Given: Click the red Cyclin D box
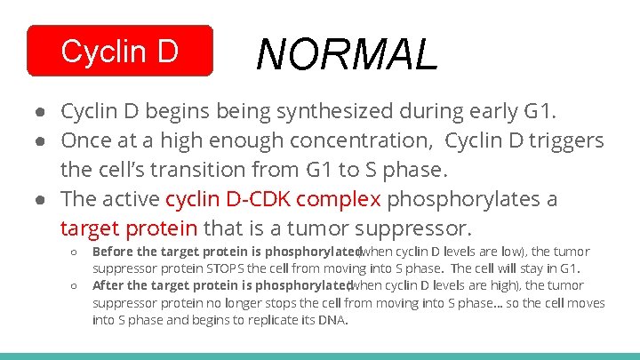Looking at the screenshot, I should click(120, 52).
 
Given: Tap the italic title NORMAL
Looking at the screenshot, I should click(347, 54).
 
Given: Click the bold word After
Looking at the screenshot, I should click(109, 285).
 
